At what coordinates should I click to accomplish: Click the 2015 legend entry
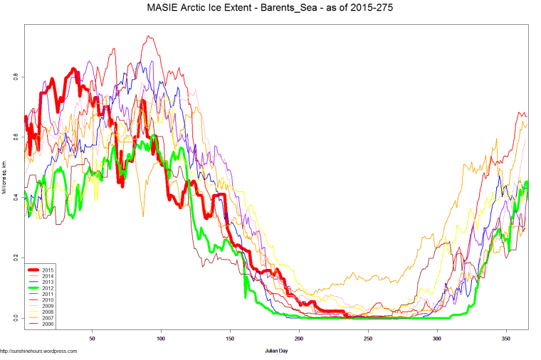point(47,270)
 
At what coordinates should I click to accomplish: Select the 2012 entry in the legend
point(47,287)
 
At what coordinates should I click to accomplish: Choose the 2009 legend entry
point(47,305)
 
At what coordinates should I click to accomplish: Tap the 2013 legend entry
point(47,282)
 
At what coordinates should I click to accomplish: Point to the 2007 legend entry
point(47,317)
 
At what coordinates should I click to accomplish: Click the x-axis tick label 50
point(92,339)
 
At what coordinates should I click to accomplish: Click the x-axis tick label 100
point(161,339)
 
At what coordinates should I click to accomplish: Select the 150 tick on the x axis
point(230,339)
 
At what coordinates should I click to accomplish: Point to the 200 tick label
point(299,339)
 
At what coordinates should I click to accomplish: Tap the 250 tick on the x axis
point(368,339)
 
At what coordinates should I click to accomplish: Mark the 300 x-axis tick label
point(437,339)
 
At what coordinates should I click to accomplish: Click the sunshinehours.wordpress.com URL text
point(38,351)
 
